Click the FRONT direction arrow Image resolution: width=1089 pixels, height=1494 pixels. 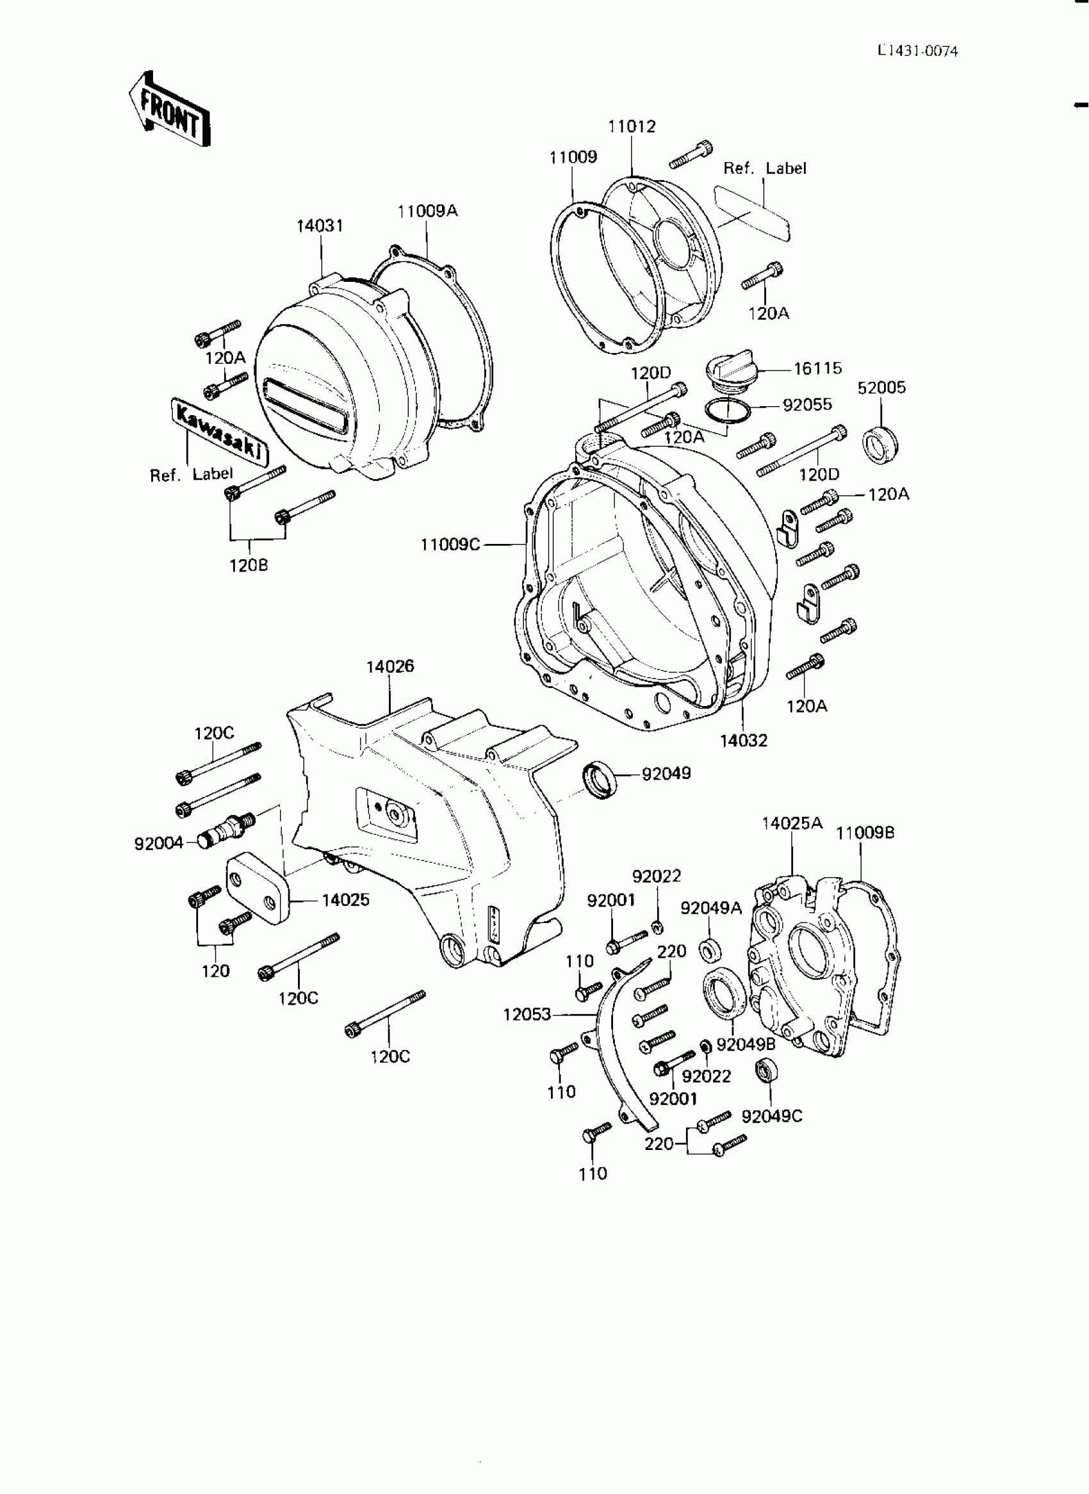point(168,108)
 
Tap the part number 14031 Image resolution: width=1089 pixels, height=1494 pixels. point(320,226)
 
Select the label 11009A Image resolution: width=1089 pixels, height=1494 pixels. point(427,211)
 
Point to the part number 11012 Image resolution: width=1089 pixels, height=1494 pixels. point(632,127)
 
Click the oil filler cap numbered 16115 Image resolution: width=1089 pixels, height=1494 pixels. point(729,375)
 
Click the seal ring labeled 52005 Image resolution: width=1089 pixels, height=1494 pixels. point(881,445)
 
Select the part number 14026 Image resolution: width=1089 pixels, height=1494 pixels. point(390,666)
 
